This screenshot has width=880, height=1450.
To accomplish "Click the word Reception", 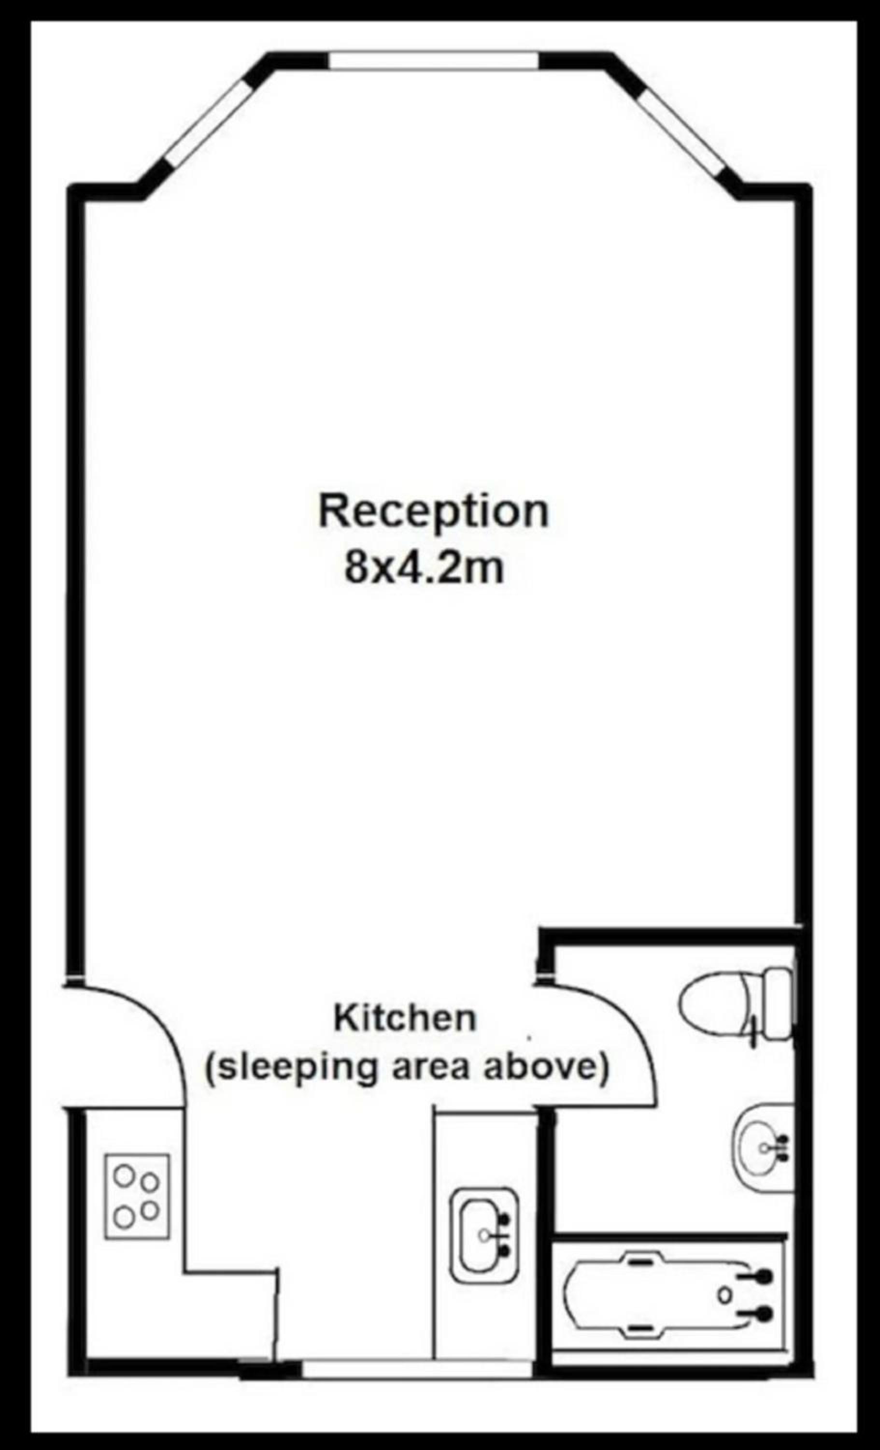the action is pyautogui.click(x=434, y=511).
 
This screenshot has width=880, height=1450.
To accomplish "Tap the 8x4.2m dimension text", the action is pyautogui.click(x=424, y=568).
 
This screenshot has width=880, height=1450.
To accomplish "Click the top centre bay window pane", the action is pyautogui.click(x=434, y=61).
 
